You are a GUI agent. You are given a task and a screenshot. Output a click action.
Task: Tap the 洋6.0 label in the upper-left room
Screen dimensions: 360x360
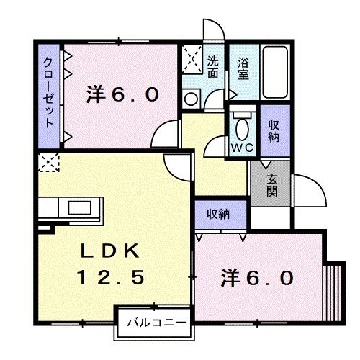coord(122,94)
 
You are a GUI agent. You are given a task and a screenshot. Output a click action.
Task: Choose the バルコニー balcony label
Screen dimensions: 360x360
coord(153,322)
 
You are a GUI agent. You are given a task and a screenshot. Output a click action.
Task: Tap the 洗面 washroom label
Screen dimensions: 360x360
coord(214,67)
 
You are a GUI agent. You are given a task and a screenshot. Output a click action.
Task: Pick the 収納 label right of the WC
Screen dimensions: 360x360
coord(274,129)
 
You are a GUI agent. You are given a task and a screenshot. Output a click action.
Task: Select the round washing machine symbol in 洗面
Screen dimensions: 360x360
coord(191,99)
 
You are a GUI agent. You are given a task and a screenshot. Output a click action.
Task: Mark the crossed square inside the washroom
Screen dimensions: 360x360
coord(191,58)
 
